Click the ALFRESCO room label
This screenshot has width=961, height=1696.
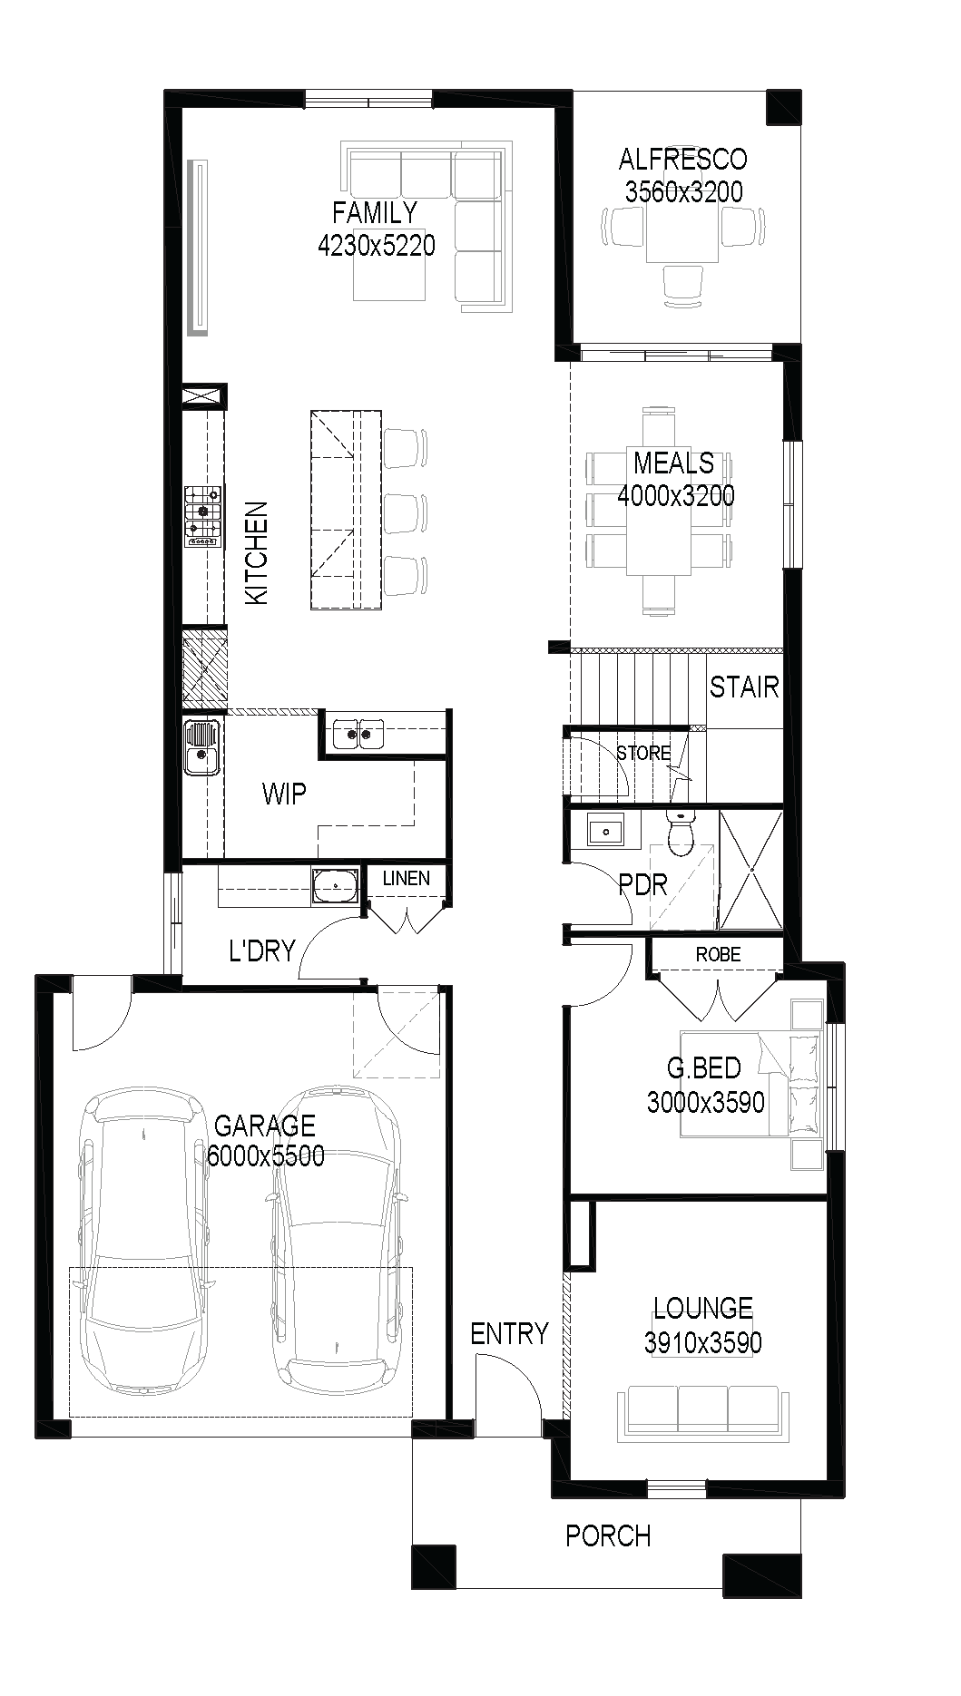[x=682, y=160]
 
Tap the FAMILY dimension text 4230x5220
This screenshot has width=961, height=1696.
[x=376, y=245]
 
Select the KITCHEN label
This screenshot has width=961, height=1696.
[x=258, y=553]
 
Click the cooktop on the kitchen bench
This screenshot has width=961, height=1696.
[x=203, y=517]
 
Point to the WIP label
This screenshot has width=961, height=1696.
[x=284, y=794]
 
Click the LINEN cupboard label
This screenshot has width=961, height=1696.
[x=406, y=878]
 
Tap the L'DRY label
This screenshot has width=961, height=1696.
[x=262, y=950]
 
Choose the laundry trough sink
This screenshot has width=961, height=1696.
[x=335, y=886]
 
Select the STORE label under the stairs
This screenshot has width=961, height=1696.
[x=643, y=753]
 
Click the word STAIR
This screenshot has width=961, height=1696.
[x=744, y=687]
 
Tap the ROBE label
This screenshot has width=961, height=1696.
[x=718, y=954]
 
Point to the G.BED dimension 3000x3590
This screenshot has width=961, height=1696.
[x=705, y=1102]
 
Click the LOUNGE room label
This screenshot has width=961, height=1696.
[x=703, y=1308]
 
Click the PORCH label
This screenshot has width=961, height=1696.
[x=608, y=1535]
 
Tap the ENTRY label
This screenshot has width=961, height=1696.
[x=509, y=1333]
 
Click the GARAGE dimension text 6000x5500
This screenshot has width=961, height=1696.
[x=265, y=1156]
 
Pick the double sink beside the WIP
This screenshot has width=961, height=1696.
[x=358, y=733]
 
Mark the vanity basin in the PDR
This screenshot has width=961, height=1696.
[x=604, y=829]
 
